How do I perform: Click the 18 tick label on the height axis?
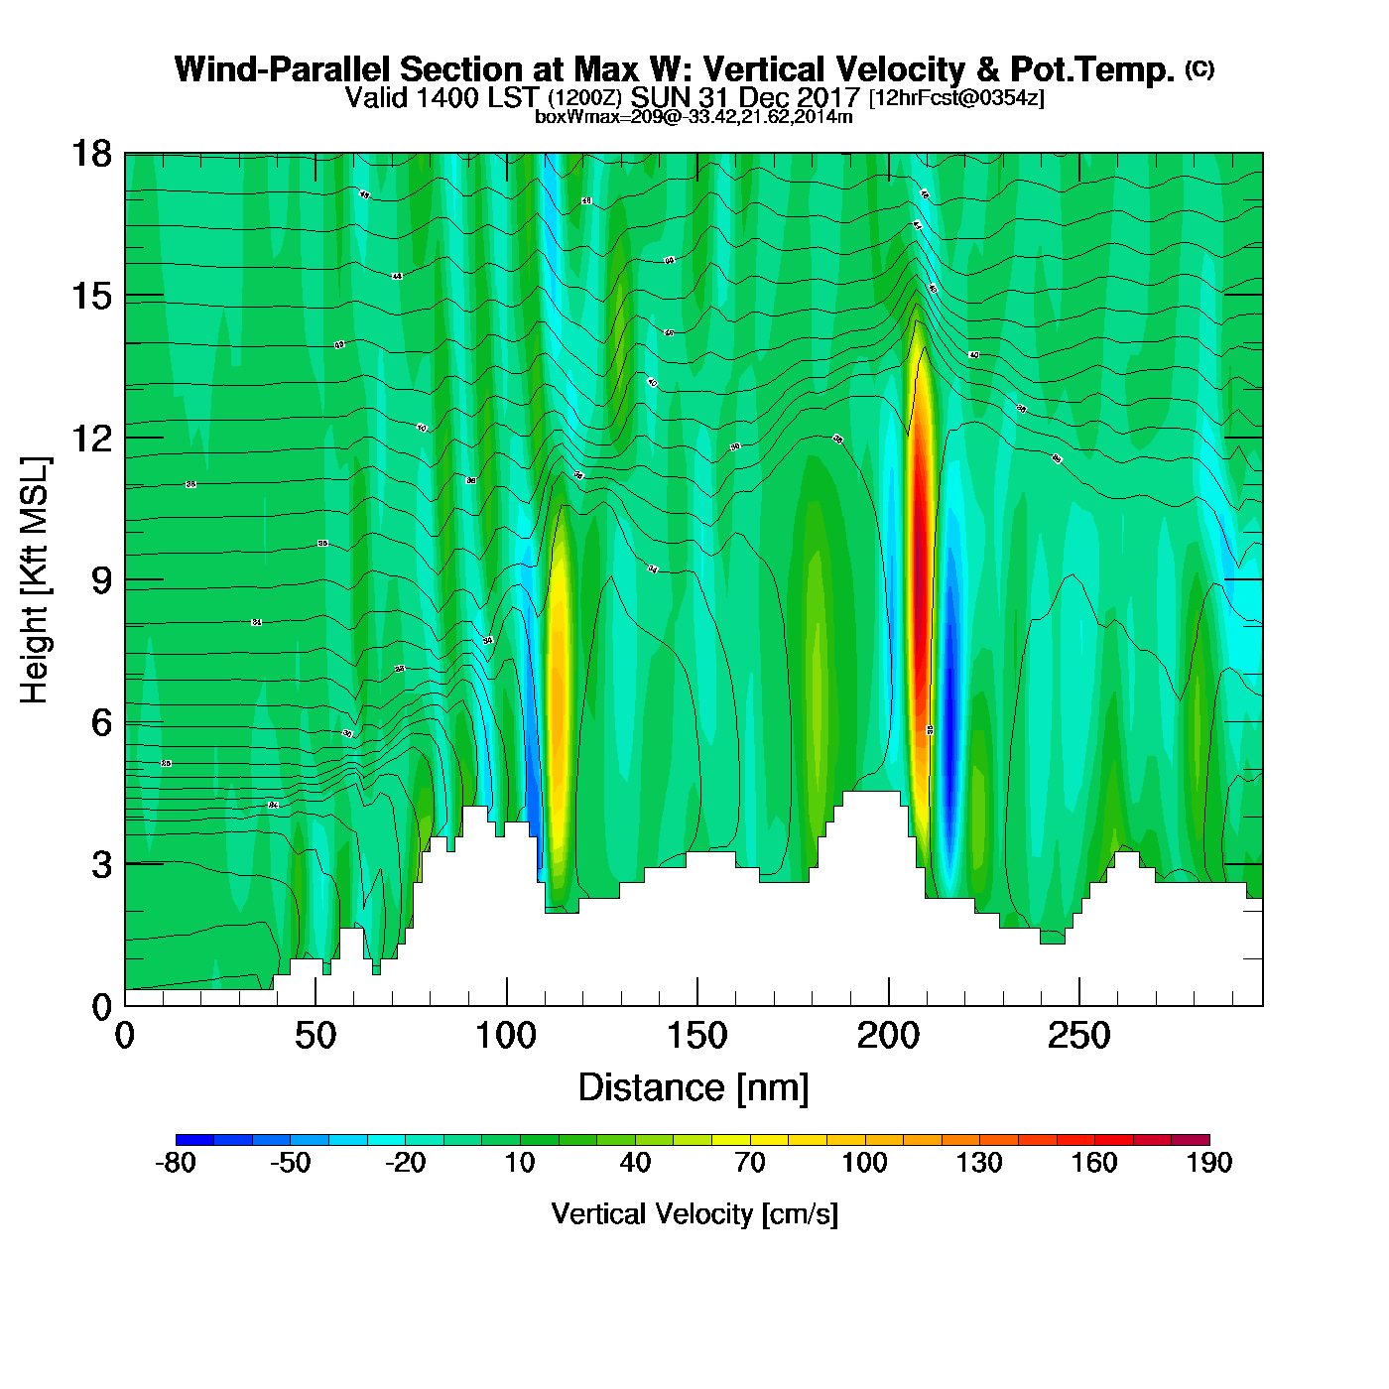point(90,155)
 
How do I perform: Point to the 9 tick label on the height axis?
point(101,580)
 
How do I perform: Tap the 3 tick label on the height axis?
point(101,865)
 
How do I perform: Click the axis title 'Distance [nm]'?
point(694,1088)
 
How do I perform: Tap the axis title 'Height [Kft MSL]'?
point(35,580)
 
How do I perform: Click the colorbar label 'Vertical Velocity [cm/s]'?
point(694,1214)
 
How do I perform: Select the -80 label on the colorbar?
point(176,1163)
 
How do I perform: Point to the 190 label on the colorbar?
point(1208,1163)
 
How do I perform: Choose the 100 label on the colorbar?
point(864,1163)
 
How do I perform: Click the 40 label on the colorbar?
point(635,1163)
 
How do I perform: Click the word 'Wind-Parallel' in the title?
point(283,69)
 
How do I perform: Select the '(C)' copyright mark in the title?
point(1200,68)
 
